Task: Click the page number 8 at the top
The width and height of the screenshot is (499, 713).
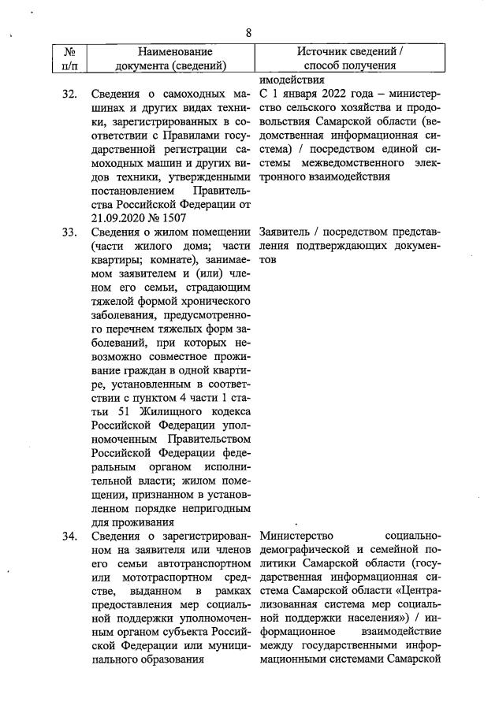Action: coord(248,32)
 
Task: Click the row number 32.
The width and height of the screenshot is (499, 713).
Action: coord(69,95)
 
